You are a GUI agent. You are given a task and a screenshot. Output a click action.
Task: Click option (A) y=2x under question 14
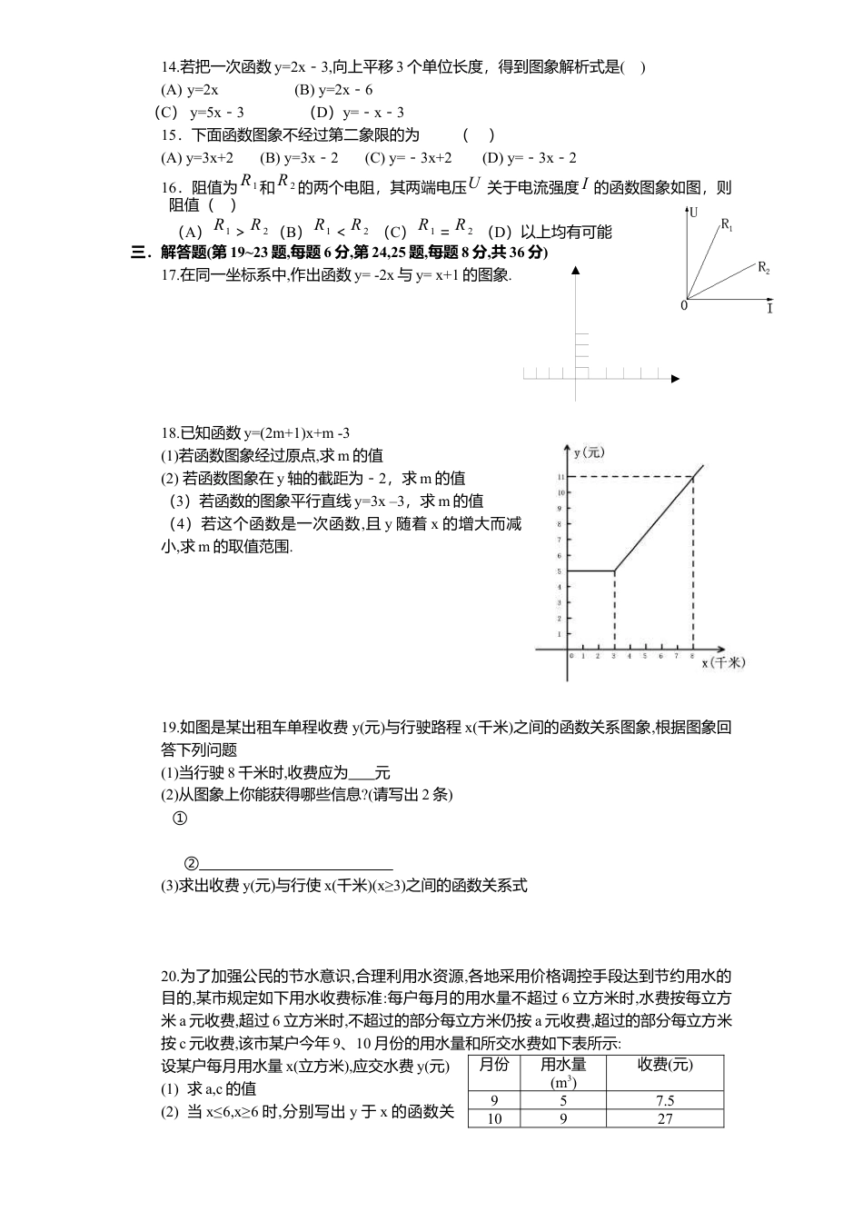[189, 89]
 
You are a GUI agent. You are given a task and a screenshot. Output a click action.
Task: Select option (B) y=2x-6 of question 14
[333, 89]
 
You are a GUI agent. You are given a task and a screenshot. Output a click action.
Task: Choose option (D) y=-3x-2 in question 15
[529, 157]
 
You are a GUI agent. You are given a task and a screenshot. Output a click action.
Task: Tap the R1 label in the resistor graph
[727, 223]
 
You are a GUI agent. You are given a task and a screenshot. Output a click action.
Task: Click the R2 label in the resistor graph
[764, 268]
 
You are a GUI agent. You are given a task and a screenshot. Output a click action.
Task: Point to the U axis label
[694, 213]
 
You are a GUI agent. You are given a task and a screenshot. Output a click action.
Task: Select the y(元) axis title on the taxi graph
[589, 452]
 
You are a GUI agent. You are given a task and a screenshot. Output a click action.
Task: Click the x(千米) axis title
[723, 663]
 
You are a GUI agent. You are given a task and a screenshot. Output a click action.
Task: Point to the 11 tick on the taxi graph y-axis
[561, 476]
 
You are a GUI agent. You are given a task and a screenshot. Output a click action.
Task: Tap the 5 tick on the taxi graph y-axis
[561, 571]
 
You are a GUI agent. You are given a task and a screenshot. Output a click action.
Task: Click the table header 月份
[494, 1066]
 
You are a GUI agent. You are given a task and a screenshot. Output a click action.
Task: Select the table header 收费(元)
[664, 1066]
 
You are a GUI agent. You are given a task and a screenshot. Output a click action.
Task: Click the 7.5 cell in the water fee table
[664, 1101]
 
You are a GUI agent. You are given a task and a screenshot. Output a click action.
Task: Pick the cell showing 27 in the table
[664, 1119]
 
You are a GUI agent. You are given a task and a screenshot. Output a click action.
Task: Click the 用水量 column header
[563, 1066]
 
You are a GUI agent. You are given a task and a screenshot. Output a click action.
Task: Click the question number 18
[169, 432]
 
